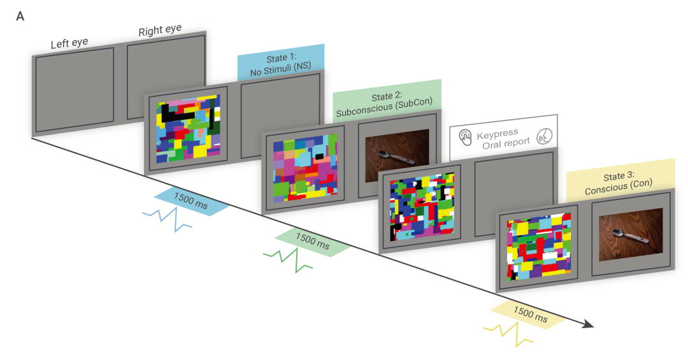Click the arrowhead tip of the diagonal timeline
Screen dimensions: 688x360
tap(594, 326)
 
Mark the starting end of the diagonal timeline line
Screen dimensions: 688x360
tap(32, 138)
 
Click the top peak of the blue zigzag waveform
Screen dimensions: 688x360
tap(176, 208)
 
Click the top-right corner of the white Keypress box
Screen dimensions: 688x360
tap(557, 115)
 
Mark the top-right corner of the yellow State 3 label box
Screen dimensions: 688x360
tap(675, 159)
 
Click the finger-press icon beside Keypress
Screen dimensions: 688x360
tap(465, 138)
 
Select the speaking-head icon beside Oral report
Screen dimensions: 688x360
tap(544, 136)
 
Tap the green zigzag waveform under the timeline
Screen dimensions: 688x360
tap(288, 261)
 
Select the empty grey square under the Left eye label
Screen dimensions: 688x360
tap(75, 90)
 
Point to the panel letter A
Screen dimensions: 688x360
tap(20, 17)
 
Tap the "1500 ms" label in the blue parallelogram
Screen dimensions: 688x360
tap(191, 201)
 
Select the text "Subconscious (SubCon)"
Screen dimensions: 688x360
tap(384, 107)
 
